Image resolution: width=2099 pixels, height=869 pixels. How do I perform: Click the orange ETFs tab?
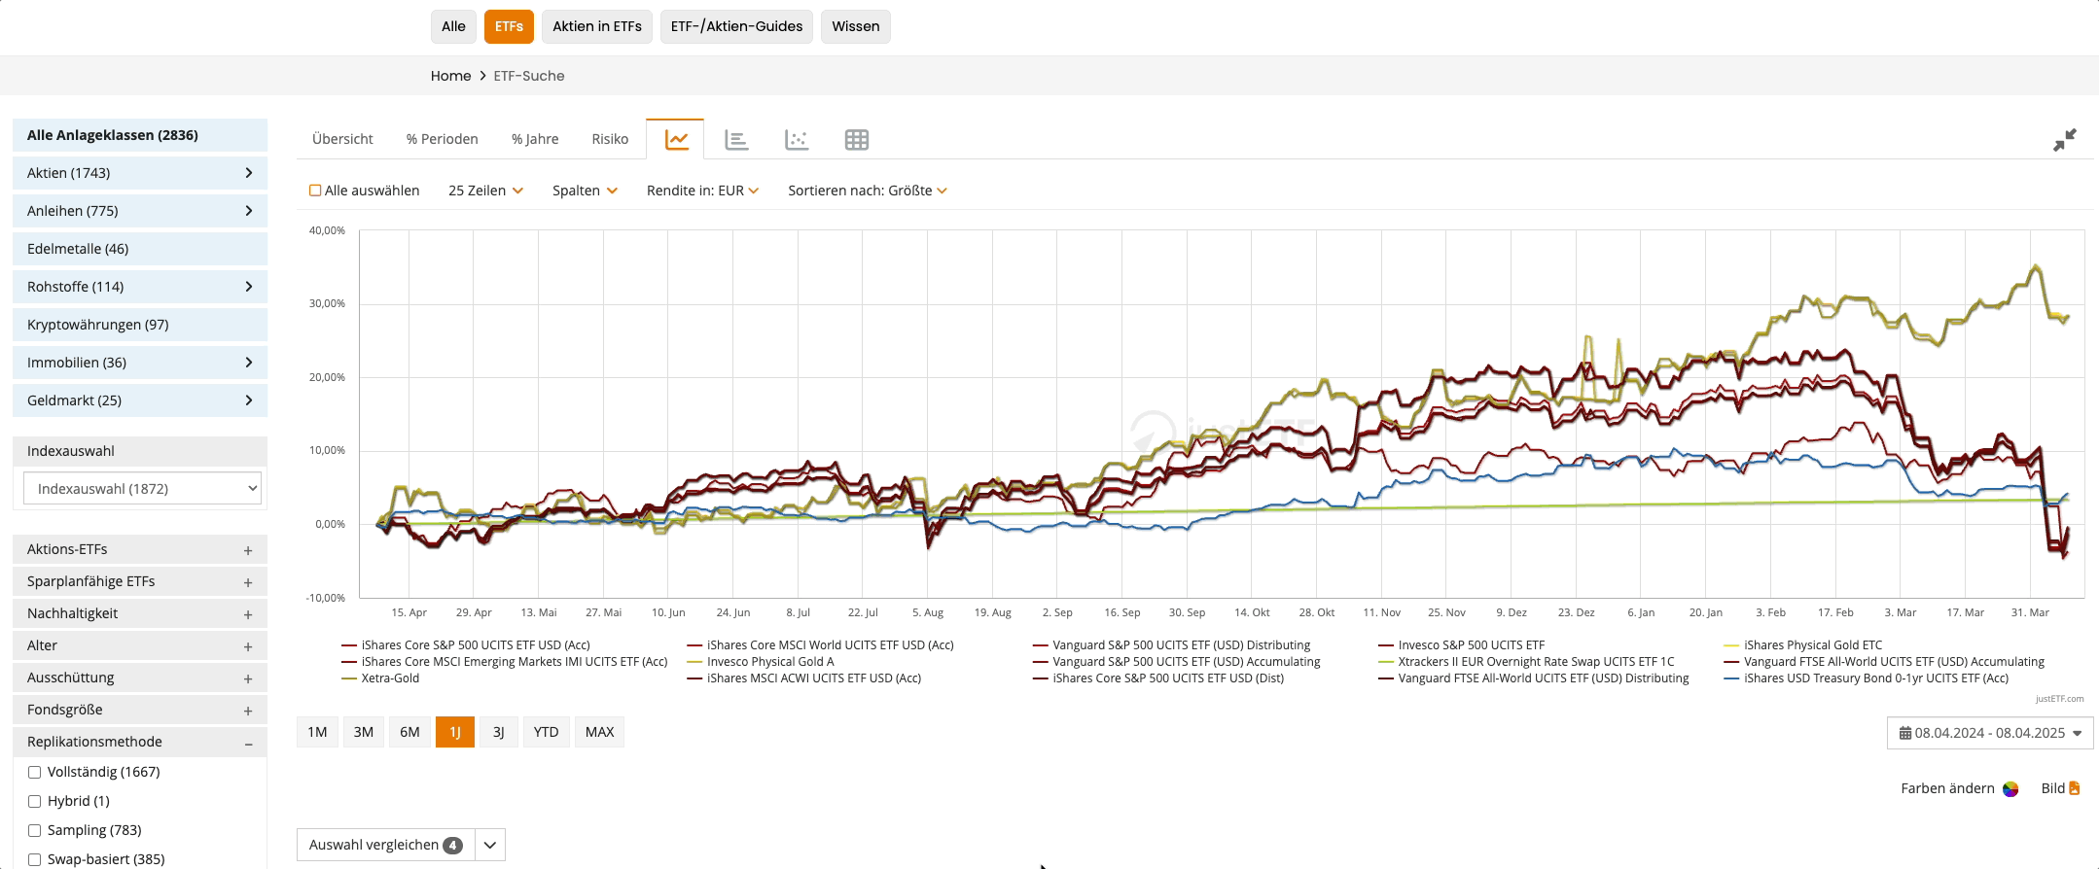coord(509,26)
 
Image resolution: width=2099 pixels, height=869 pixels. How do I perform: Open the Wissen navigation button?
coord(855,26)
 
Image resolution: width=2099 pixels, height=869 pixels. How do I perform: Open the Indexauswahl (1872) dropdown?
coord(143,489)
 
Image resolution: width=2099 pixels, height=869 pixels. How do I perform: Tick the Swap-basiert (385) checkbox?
coord(35,859)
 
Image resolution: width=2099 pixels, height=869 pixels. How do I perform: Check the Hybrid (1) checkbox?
coord(35,801)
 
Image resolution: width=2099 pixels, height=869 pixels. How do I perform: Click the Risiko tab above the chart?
coord(610,139)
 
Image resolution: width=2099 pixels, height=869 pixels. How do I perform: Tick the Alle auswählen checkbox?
coord(315,191)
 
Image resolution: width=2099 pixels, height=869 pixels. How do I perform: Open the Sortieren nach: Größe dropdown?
coord(867,191)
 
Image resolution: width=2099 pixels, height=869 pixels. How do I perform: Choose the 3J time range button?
coord(498,732)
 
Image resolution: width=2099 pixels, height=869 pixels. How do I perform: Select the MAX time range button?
coord(599,732)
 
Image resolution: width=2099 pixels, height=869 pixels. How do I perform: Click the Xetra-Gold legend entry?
coord(390,678)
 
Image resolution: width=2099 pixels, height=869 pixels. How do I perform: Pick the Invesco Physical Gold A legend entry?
coord(769,662)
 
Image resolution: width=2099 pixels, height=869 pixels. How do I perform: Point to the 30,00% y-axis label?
coord(327,303)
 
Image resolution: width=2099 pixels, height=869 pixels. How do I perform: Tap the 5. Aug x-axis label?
coord(927,612)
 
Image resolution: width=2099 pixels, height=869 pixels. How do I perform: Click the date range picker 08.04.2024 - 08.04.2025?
coord(1989,733)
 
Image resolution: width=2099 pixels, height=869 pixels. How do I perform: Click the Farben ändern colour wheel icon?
coord(2010,788)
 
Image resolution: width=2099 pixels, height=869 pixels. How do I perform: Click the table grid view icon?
coord(856,140)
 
